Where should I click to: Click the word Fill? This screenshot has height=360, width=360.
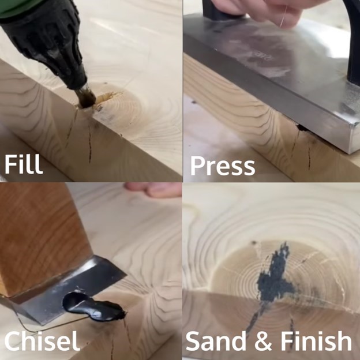24,164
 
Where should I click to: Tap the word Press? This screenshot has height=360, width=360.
223,166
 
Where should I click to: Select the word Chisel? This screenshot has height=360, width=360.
42,340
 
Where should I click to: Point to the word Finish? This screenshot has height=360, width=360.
316,341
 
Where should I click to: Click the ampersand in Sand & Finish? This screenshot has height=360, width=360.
263,342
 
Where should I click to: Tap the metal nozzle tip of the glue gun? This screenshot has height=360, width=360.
85,96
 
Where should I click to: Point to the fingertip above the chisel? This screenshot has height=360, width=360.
153,190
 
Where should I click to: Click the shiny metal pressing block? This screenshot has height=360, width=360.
276,76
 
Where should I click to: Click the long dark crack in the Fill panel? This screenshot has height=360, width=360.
90,143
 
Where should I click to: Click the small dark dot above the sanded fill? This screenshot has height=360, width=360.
254,242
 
